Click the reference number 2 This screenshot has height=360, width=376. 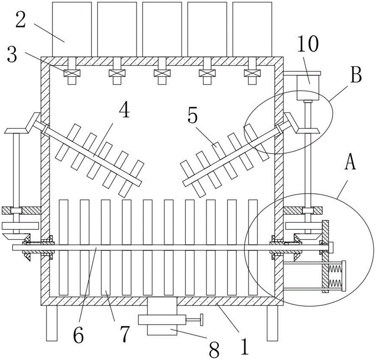[20, 20]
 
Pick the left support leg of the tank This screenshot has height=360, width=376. [52, 323]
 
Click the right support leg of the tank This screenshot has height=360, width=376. [272, 323]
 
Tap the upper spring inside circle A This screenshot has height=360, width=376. [334, 269]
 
